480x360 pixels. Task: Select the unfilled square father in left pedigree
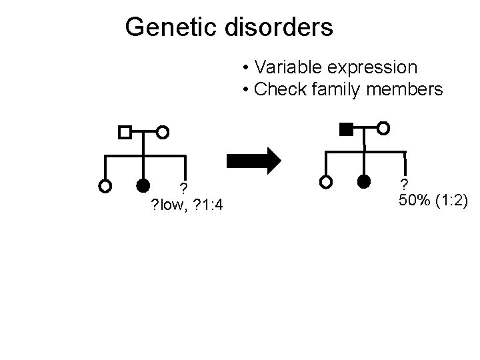[x=125, y=132]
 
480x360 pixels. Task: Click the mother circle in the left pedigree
[x=163, y=132]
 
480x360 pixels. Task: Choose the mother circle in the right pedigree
[x=383, y=127]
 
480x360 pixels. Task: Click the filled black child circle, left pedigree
[x=143, y=186]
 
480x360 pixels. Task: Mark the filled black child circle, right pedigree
[x=363, y=181]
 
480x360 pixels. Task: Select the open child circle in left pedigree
[x=105, y=186]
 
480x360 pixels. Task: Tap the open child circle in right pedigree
[x=325, y=181]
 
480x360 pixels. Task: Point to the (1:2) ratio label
[x=452, y=199]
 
